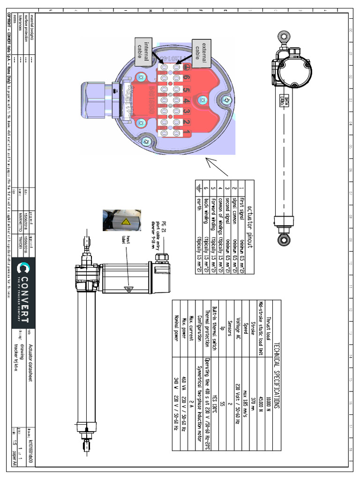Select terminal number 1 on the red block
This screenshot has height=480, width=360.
point(187,134)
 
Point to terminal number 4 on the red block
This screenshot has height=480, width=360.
point(187,100)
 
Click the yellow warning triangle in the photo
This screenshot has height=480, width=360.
point(127,222)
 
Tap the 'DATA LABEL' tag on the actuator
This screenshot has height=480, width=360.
point(282,100)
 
